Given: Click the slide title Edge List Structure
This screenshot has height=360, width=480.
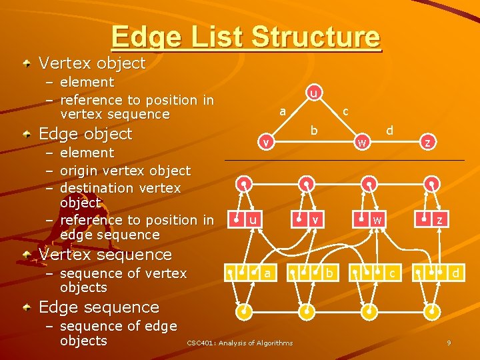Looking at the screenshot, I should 245,37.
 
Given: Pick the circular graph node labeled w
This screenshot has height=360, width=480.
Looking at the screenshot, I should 361,142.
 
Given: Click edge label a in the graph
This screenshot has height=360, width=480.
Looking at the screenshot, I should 283,112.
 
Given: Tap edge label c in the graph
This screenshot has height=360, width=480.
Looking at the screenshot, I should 345,112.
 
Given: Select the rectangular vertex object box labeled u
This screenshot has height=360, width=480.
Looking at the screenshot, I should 246,219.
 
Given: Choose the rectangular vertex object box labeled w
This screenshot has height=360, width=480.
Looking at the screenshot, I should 369,219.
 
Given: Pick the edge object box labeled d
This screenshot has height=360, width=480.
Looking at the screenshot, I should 438,273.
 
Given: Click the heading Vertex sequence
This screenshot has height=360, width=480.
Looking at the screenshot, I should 105,254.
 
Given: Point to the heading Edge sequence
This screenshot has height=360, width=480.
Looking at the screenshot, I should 99,307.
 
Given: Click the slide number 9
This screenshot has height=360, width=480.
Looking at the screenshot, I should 449,343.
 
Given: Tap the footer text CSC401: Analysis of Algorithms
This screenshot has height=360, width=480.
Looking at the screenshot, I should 239,343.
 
